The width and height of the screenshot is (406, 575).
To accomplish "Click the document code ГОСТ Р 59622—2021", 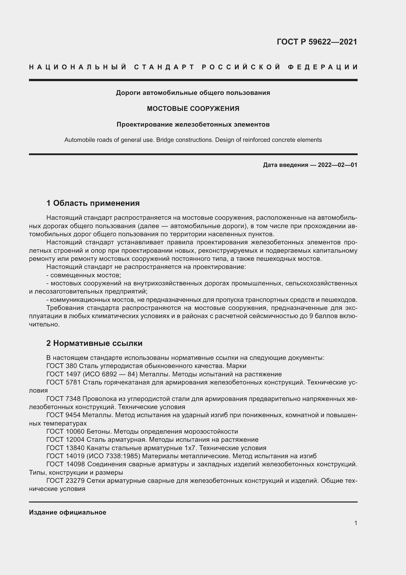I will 317,42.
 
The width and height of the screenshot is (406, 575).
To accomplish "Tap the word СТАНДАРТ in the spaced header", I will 164,67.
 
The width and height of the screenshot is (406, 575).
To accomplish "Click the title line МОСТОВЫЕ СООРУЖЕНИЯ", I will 193,109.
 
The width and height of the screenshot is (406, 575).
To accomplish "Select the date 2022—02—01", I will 338,165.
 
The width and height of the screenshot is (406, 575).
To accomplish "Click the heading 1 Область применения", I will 93,203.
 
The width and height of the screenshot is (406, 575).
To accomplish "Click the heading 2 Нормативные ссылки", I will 94,343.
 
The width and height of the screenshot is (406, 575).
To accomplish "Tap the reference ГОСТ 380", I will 62,366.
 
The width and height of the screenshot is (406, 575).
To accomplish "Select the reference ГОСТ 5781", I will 64,382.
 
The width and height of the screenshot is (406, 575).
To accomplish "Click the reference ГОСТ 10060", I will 66,431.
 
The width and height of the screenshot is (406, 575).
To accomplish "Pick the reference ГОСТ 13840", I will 66,448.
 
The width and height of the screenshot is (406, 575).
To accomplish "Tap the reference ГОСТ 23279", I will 66,481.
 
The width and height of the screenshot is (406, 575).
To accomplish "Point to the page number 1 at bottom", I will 356,523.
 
